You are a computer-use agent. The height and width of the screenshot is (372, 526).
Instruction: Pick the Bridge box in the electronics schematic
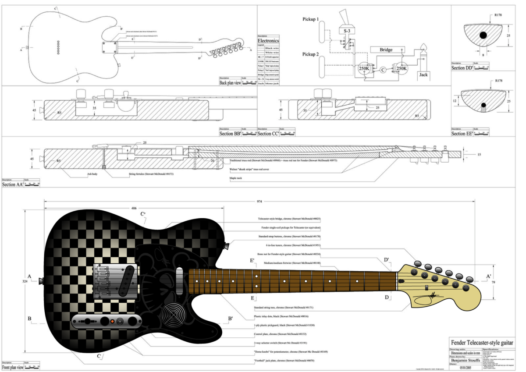tap(386, 50)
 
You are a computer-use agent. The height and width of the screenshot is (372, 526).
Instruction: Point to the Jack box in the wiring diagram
tap(424, 75)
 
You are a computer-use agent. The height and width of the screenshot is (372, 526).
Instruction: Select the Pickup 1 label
tap(313, 20)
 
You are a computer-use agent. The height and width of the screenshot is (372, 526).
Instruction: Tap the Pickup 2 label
tap(313, 54)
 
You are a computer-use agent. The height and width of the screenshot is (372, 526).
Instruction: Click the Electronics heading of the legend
tap(268, 41)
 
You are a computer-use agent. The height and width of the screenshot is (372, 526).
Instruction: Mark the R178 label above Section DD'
tap(498, 15)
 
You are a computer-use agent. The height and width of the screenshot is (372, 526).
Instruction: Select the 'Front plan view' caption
tap(13, 368)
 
